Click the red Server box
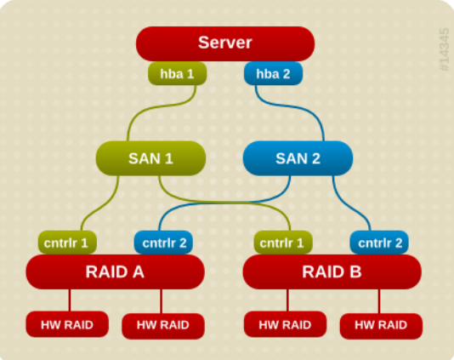pos(225,43)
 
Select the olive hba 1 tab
pos(177,74)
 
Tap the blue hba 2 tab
pos(273,74)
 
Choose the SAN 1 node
pos(150,158)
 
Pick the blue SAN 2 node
pos(298,158)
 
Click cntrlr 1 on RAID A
pos(67,243)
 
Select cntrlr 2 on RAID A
pos(163,243)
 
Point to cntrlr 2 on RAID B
pos(379,243)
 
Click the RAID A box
pos(115,272)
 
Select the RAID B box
pos(332,272)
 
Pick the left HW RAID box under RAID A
pos(67,324)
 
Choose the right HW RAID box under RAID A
pos(163,325)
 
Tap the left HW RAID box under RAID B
pos(284,324)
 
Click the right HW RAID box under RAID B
pos(379,324)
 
